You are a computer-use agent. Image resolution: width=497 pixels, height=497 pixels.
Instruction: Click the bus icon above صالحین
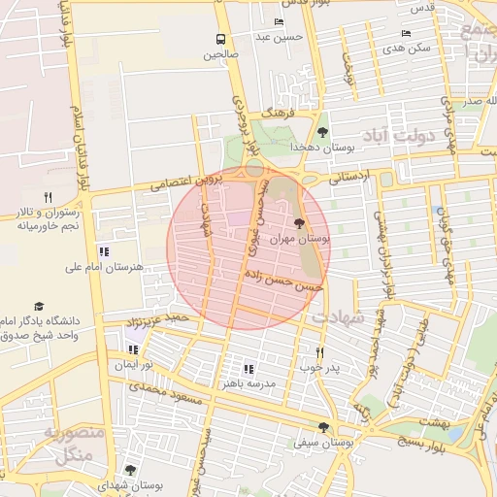tap(221, 39)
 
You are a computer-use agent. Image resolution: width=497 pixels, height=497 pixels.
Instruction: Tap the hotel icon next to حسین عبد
tap(280, 21)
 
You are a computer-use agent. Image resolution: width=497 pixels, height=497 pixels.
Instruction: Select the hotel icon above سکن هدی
tap(406, 33)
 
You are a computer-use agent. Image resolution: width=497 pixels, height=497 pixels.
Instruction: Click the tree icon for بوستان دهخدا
tap(322, 133)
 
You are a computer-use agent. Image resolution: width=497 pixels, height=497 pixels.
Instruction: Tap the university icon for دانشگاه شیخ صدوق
tap(39, 306)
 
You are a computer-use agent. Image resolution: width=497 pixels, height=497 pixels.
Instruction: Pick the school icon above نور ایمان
tap(133, 348)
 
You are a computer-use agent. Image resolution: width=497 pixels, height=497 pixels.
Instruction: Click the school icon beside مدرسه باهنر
tap(248, 369)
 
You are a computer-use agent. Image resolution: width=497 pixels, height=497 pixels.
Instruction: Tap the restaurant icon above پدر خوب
tap(319, 352)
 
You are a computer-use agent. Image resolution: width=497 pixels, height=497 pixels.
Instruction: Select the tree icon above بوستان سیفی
tap(322, 427)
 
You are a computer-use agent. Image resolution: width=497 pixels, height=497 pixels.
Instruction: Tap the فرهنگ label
tap(276, 115)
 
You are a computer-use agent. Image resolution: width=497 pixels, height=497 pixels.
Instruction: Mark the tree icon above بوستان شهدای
tap(131, 470)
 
